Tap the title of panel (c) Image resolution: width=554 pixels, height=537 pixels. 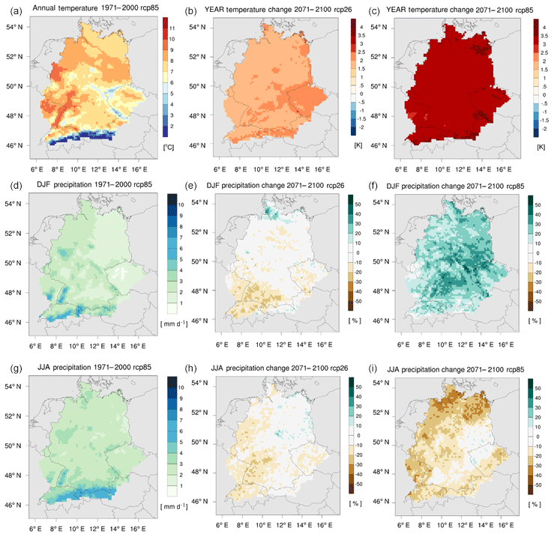(460, 9)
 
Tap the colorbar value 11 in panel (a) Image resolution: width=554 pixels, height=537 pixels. (172, 27)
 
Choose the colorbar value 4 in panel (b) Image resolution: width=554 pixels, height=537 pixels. (359, 27)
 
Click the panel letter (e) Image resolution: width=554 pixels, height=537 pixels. (193, 186)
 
